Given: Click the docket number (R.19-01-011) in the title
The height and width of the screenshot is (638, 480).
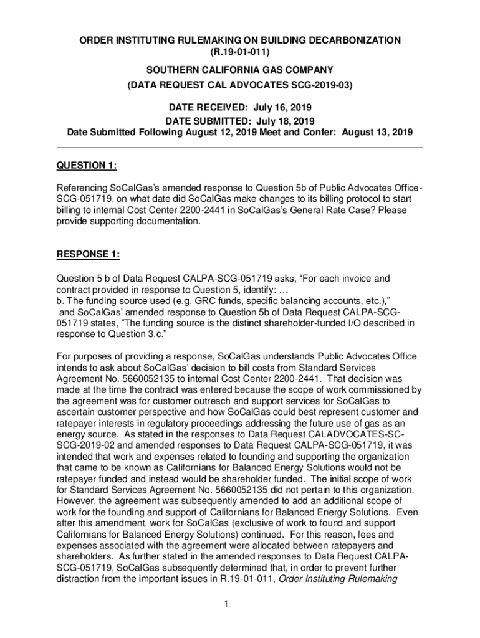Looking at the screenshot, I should (240, 52).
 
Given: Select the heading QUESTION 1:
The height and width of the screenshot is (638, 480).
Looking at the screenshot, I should (87, 165).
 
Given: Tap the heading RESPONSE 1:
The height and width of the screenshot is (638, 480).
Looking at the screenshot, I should (88, 254).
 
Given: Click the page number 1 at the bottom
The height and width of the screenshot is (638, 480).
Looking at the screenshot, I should (240, 603).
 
